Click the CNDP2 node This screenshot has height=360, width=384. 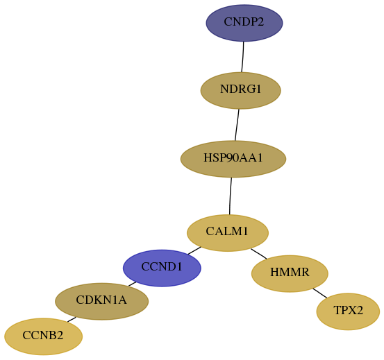coord(244,23)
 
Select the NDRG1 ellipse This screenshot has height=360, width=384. coord(240,90)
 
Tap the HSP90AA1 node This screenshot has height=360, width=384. coord(233,159)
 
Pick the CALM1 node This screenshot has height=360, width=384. coord(228,233)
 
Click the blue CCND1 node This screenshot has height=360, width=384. coord(162,268)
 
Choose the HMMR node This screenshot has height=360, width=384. coord(290,274)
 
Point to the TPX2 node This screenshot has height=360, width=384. coord(348,311)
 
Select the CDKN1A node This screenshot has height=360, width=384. coord(101,302)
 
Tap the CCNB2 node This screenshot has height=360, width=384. coord(43,336)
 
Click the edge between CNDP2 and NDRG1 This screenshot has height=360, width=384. coord(243,57)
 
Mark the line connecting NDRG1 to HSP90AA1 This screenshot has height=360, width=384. coord(237,125)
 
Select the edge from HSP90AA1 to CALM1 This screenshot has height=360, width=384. coord(231,196)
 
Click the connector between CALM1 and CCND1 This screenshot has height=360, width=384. coord(194,250)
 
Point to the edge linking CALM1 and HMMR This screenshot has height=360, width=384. coord(259,254)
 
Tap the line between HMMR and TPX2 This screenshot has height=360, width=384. coord(320,293)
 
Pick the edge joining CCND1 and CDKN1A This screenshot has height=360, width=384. coord(133,284)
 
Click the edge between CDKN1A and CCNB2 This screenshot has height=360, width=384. coord(72,320)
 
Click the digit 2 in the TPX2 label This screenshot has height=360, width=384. coord(359,310)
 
